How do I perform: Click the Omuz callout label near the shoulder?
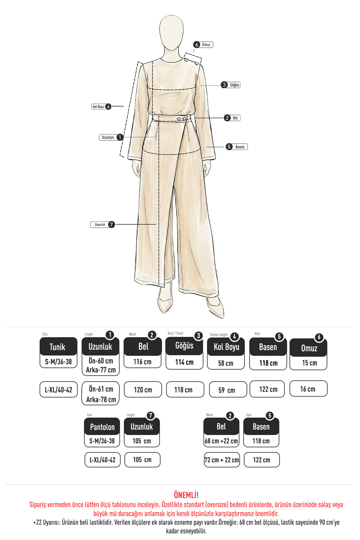click(x=203, y=45)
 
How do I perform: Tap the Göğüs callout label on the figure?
click(x=231, y=85)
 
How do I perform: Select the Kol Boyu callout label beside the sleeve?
click(x=101, y=106)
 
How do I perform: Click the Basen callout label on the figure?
click(x=237, y=147)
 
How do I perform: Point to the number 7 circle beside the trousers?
click(x=111, y=224)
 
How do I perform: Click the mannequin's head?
click(x=171, y=33)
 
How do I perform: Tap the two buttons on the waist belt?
click(x=181, y=119)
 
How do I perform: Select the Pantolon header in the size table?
click(x=102, y=427)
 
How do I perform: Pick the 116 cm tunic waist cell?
click(x=143, y=362)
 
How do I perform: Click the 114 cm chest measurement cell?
click(x=184, y=362)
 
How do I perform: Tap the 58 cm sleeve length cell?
click(x=226, y=363)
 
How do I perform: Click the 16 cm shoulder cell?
click(x=308, y=389)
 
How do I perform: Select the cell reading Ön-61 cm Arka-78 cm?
click(x=100, y=394)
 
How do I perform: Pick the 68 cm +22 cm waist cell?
click(x=221, y=441)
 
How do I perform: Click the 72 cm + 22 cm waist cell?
click(x=222, y=460)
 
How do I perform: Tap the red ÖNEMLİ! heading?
click(x=186, y=495)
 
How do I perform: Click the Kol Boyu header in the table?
click(x=226, y=347)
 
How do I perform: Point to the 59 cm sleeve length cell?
click(x=228, y=390)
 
